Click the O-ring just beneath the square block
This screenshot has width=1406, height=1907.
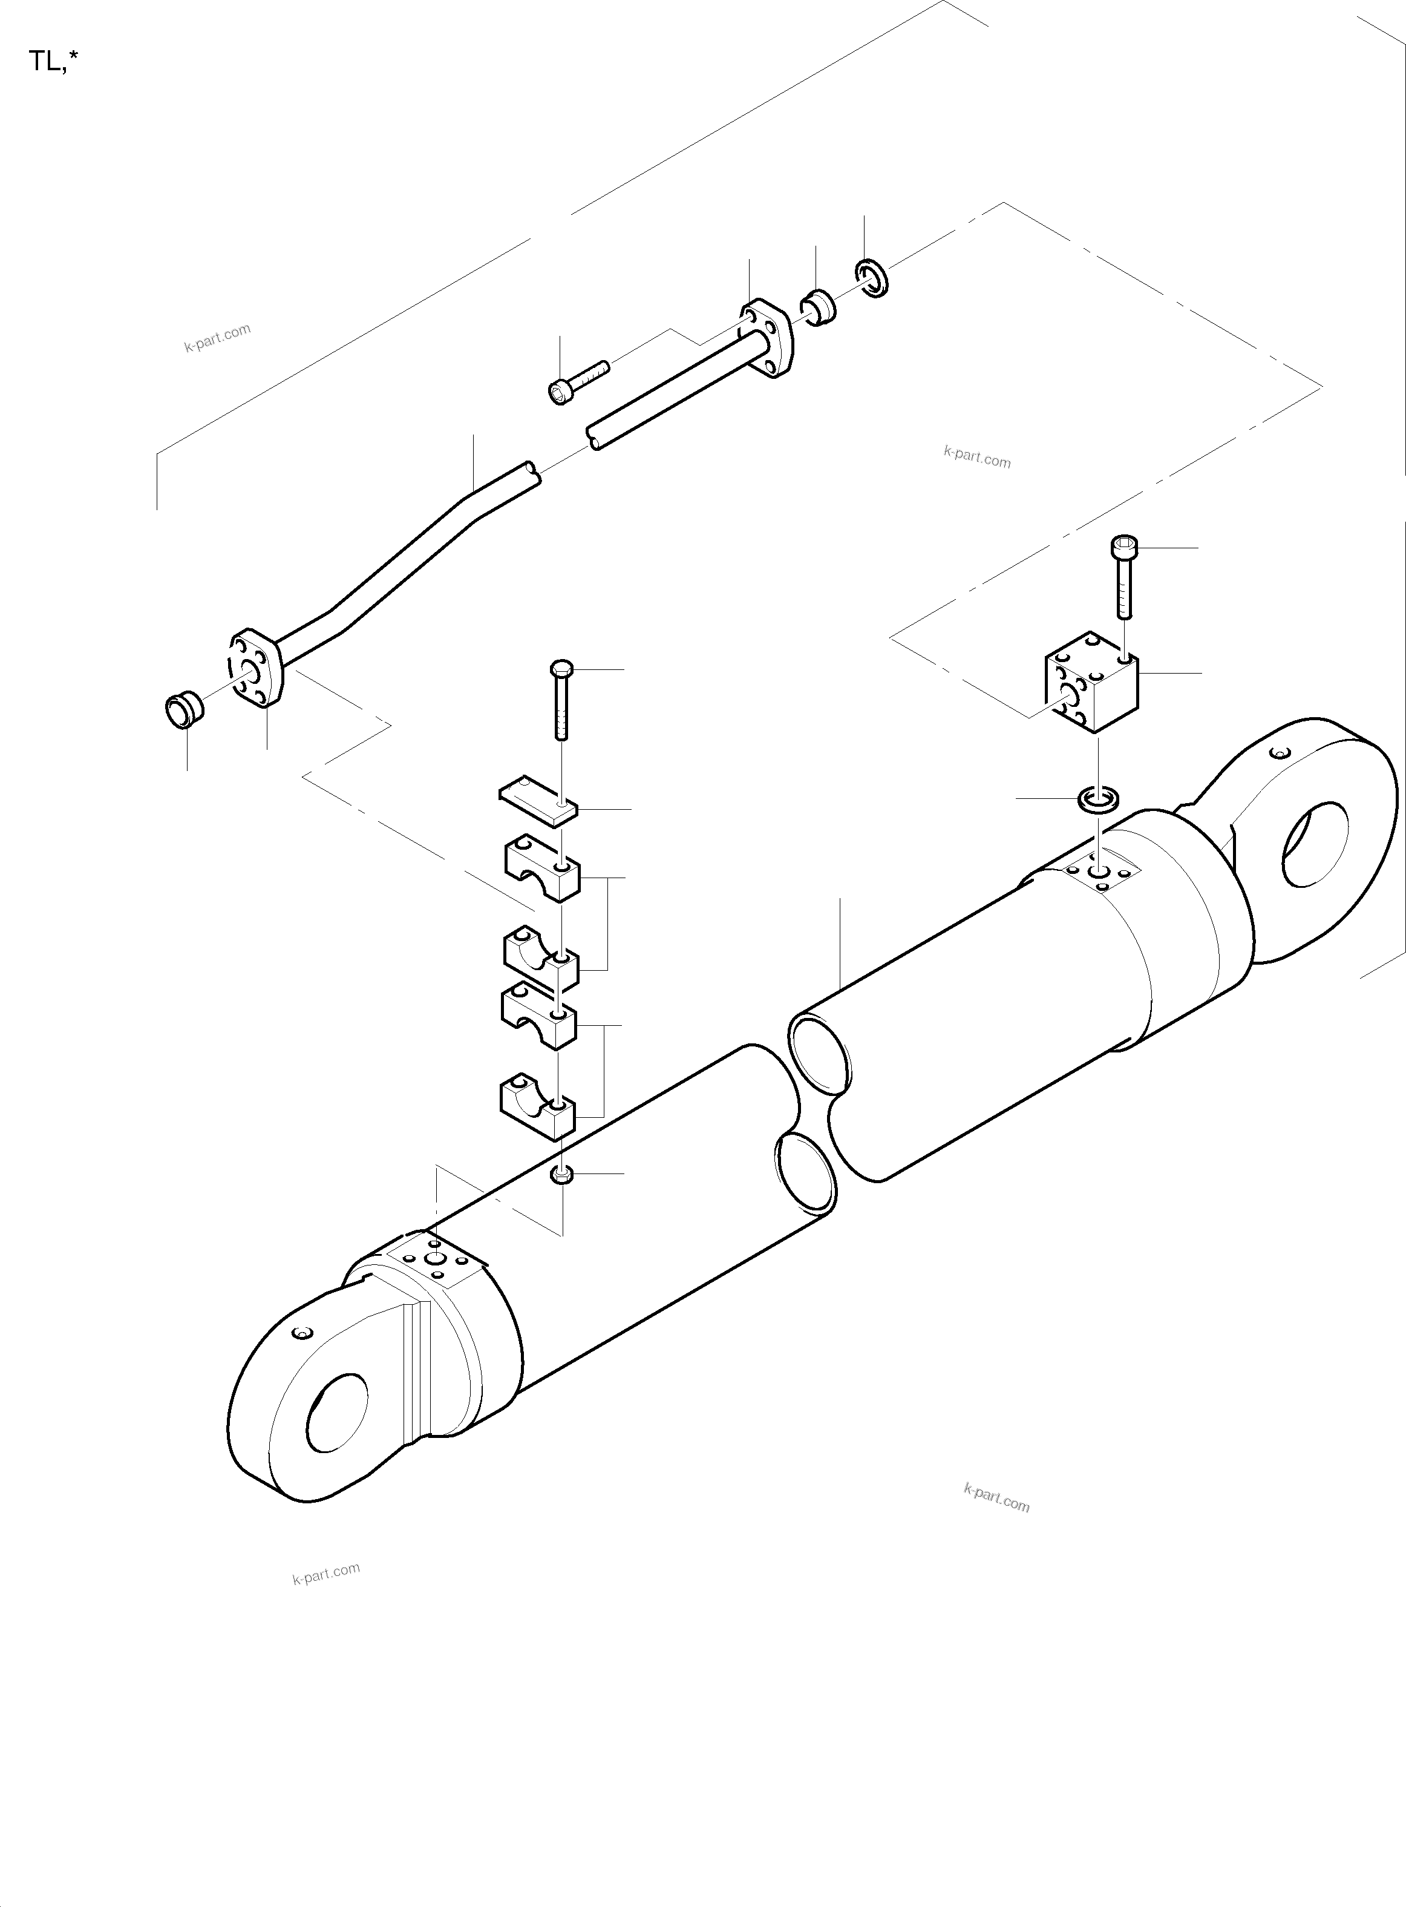1098,800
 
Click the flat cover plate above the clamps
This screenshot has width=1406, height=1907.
537,799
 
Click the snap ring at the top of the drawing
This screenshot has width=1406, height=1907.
872,278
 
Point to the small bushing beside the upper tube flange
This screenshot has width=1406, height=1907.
818,308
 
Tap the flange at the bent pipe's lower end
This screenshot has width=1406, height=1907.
255,668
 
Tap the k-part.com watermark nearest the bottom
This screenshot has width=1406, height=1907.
326,1574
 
